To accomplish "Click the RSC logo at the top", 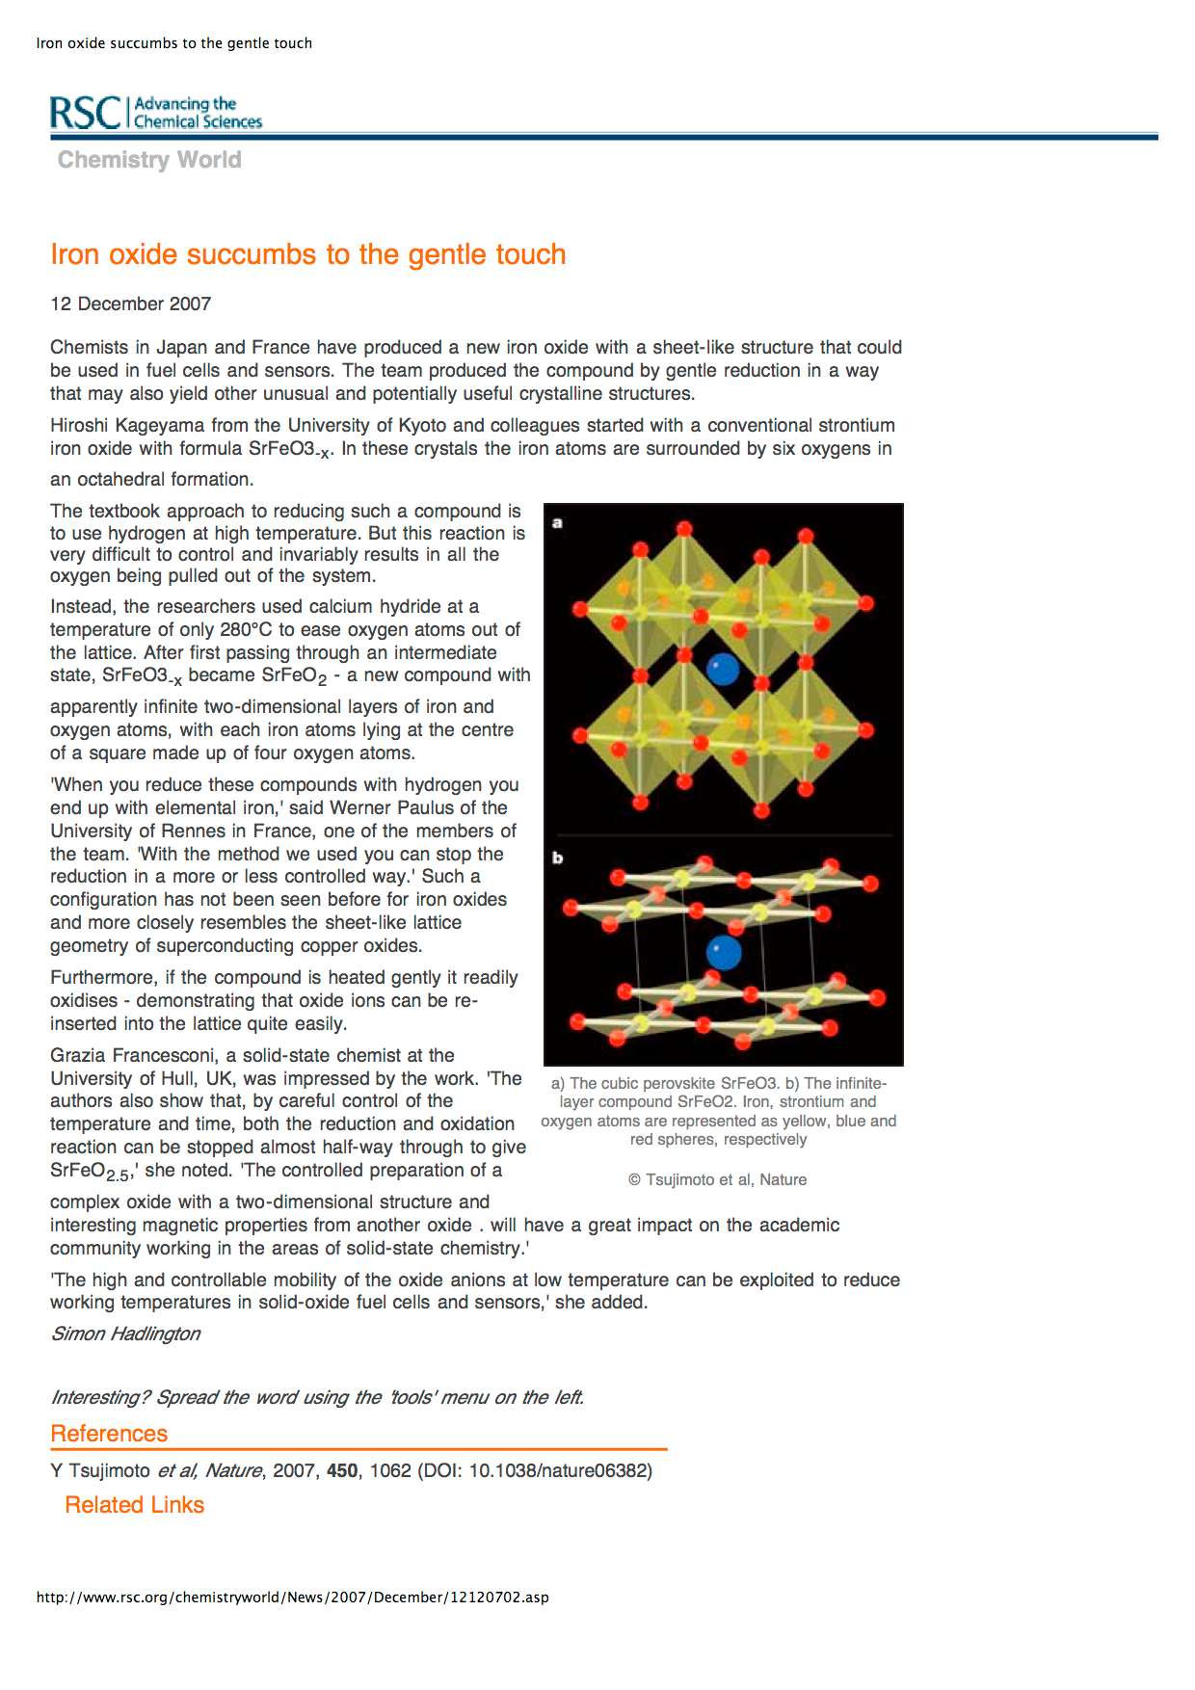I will (155, 113).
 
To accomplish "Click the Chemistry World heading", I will (149, 160).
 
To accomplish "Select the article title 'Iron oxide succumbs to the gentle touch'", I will (307, 254).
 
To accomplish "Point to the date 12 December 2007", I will (130, 304).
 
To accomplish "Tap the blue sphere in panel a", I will (723, 669).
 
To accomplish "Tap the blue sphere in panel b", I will (724, 953).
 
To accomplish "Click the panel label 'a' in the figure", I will (557, 523).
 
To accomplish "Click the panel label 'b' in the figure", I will (557, 858).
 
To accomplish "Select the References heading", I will (109, 1434).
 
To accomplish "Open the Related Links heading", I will (134, 1505).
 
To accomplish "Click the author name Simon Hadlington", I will (125, 1334).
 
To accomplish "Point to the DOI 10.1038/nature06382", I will (559, 1471).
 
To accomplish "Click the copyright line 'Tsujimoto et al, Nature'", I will (718, 1179).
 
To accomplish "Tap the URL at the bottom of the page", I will (292, 1598).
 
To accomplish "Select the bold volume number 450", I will (342, 1471).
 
